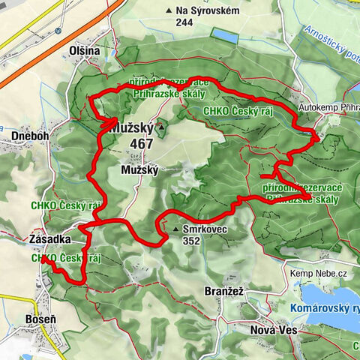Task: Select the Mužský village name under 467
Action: coord(139,171)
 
